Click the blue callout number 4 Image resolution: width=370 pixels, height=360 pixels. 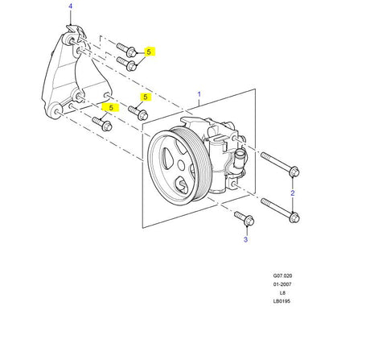[71, 6]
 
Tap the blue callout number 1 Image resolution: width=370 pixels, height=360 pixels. [199, 94]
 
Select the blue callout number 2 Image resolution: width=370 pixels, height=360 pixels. [293, 192]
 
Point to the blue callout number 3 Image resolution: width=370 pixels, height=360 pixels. [245, 239]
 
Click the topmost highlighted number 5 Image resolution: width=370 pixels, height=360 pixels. [150, 52]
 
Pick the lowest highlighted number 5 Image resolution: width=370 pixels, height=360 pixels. [111, 108]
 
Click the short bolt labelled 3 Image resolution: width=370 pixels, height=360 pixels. [244, 218]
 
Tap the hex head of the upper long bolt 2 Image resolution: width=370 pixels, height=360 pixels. [294, 172]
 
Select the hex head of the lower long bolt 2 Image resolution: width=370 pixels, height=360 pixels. [294, 217]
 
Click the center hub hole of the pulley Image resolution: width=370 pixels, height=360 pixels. [182, 165]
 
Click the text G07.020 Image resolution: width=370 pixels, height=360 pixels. [282, 275]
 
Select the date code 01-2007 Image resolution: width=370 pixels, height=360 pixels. [282, 284]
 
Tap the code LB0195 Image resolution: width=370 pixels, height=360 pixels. [282, 301]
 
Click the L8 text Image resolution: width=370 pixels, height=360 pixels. [282, 293]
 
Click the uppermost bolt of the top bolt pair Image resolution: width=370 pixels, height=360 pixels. [126, 50]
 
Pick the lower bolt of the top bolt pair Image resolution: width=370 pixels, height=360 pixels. [126, 64]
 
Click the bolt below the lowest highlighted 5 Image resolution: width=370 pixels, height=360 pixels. [102, 124]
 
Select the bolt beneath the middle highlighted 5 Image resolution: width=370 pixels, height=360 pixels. [138, 113]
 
